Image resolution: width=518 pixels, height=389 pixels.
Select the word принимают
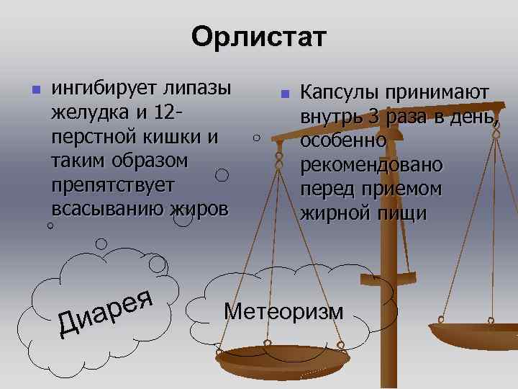tap(437, 93)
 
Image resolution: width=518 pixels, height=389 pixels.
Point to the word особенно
tap(343, 140)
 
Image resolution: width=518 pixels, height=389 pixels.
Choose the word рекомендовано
tap(371, 164)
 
